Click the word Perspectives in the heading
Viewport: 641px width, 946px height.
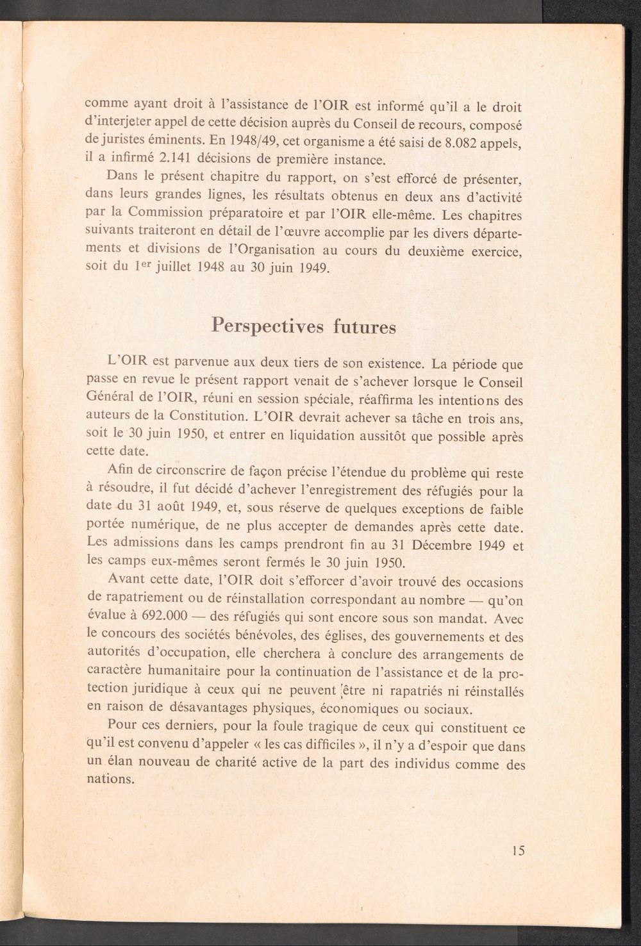click(x=269, y=326)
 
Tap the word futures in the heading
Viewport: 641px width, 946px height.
click(x=364, y=327)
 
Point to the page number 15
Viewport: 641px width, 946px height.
click(x=519, y=851)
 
